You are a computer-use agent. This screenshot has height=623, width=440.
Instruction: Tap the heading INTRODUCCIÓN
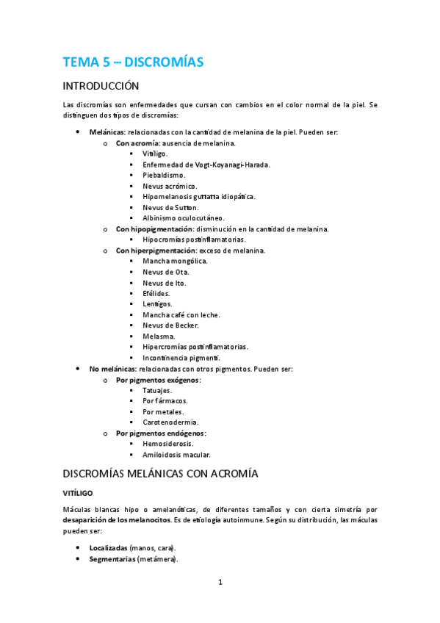[x=101, y=86]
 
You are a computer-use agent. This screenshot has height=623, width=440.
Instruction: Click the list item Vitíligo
[x=155, y=154]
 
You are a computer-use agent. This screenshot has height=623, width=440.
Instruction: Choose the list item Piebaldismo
[x=164, y=176]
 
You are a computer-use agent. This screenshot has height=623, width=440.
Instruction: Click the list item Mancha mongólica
[x=175, y=261]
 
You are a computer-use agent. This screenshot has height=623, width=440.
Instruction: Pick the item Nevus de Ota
[x=165, y=272]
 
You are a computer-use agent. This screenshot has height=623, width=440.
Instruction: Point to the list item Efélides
[x=156, y=293]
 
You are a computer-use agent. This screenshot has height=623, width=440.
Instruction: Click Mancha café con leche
[x=181, y=314]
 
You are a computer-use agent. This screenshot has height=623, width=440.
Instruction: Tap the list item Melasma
[x=159, y=336]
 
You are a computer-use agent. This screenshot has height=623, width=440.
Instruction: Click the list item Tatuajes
[x=159, y=391]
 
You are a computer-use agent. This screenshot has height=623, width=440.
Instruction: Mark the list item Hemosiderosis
[x=168, y=444]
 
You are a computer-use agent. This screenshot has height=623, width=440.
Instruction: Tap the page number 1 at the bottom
[x=220, y=583]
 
